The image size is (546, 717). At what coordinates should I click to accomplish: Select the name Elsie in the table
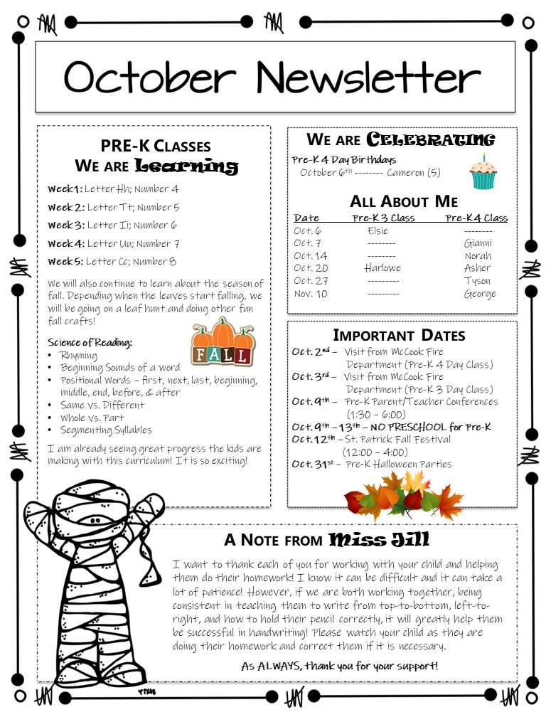378,230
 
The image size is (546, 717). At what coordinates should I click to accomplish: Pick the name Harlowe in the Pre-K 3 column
382,268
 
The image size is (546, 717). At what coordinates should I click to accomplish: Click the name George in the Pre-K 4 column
480,294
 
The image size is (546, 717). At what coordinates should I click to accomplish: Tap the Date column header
306,218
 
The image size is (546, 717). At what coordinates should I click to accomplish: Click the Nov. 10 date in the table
311,294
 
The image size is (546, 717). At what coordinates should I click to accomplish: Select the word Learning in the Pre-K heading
186,167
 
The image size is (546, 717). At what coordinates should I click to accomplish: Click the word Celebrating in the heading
431,139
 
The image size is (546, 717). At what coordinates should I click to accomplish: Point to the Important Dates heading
399,335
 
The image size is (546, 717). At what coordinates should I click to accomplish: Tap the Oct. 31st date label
314,464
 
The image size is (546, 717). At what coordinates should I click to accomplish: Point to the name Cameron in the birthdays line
405,173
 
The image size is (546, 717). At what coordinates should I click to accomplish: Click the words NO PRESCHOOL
428,427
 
